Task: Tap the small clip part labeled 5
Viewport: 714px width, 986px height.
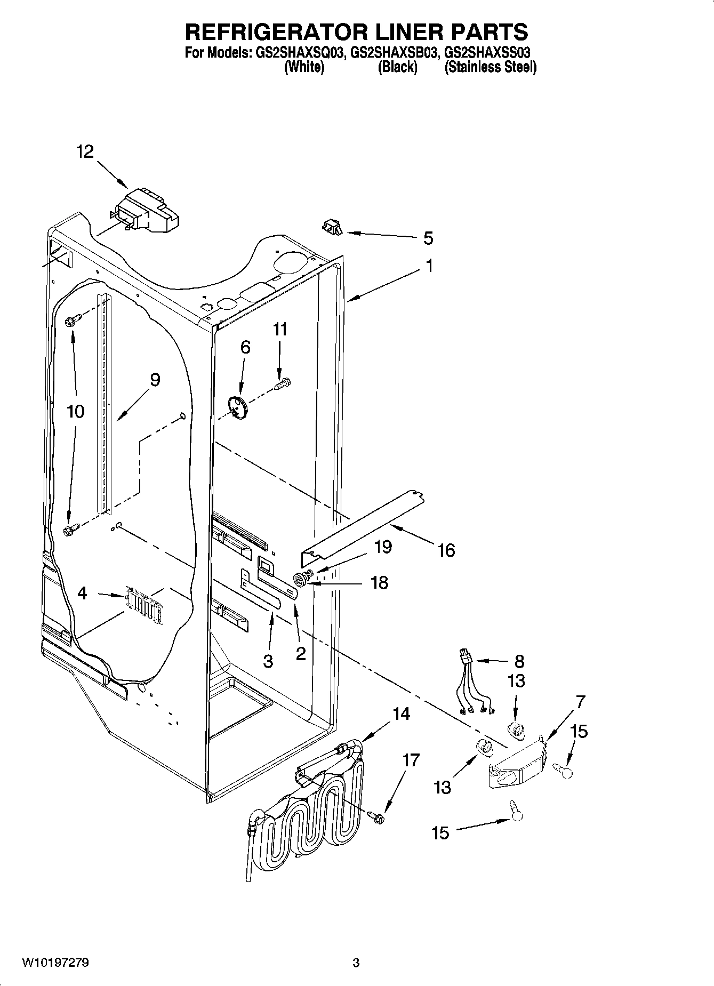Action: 332,228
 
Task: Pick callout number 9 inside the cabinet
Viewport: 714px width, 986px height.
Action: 155,380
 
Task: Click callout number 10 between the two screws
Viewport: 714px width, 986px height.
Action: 76,411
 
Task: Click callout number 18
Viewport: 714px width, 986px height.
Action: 379,582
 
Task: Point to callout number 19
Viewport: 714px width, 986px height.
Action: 383,547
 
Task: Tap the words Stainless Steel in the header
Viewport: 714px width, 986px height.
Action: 490,68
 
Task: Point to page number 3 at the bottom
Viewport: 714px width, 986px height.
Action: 356,963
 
